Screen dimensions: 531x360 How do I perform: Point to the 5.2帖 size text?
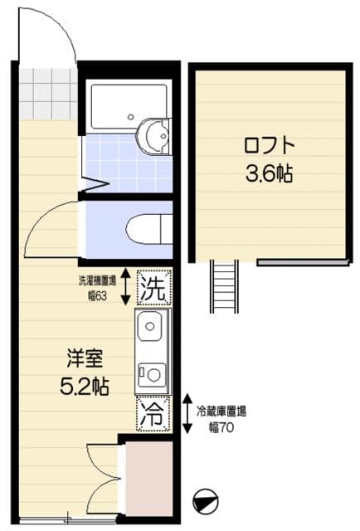point(85,386)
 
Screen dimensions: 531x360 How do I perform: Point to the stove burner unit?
point(152,373)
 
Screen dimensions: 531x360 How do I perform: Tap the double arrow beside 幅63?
point(125,285)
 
